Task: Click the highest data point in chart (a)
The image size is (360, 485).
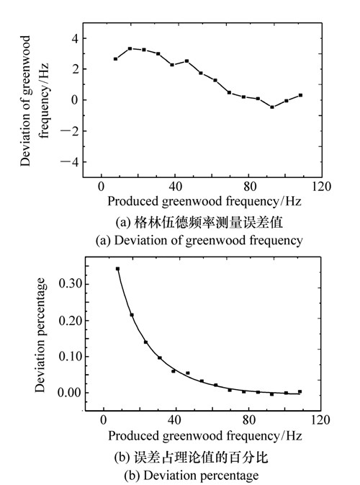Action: (x=130, y=48)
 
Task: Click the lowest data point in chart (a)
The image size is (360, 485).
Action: (x=272, y=107)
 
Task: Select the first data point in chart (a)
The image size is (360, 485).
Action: (x=116, y=59)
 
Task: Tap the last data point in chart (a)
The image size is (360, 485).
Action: (x=300, y=95)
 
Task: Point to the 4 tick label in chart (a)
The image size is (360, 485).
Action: (x=75, y=39)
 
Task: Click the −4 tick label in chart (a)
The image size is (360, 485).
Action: (x=70, y=161)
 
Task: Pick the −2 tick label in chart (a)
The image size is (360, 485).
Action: (x=70, y=131)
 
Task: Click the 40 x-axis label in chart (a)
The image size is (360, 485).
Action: (x=175, y=187)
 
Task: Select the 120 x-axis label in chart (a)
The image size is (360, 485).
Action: (x=321, y=187)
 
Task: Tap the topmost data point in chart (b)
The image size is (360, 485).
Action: (x=118, y=269)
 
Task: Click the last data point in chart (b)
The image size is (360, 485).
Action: (x=300, y=391)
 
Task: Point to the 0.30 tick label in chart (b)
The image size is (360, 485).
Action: (x=70, y=284)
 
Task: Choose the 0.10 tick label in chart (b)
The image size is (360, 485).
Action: (x=70, y=356)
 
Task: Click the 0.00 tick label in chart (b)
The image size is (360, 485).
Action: (x=70, y=393)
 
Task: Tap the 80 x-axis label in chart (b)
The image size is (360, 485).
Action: (x=248, y=419)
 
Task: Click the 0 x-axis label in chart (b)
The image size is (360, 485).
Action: (x=103, y=419)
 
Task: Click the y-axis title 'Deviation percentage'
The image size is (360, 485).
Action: (x=40, y=335)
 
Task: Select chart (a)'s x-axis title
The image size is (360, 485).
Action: (x=204, y=201)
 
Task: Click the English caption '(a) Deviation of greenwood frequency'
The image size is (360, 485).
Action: (x=199, y=240)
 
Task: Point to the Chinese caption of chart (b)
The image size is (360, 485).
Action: (x=191, y=457)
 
